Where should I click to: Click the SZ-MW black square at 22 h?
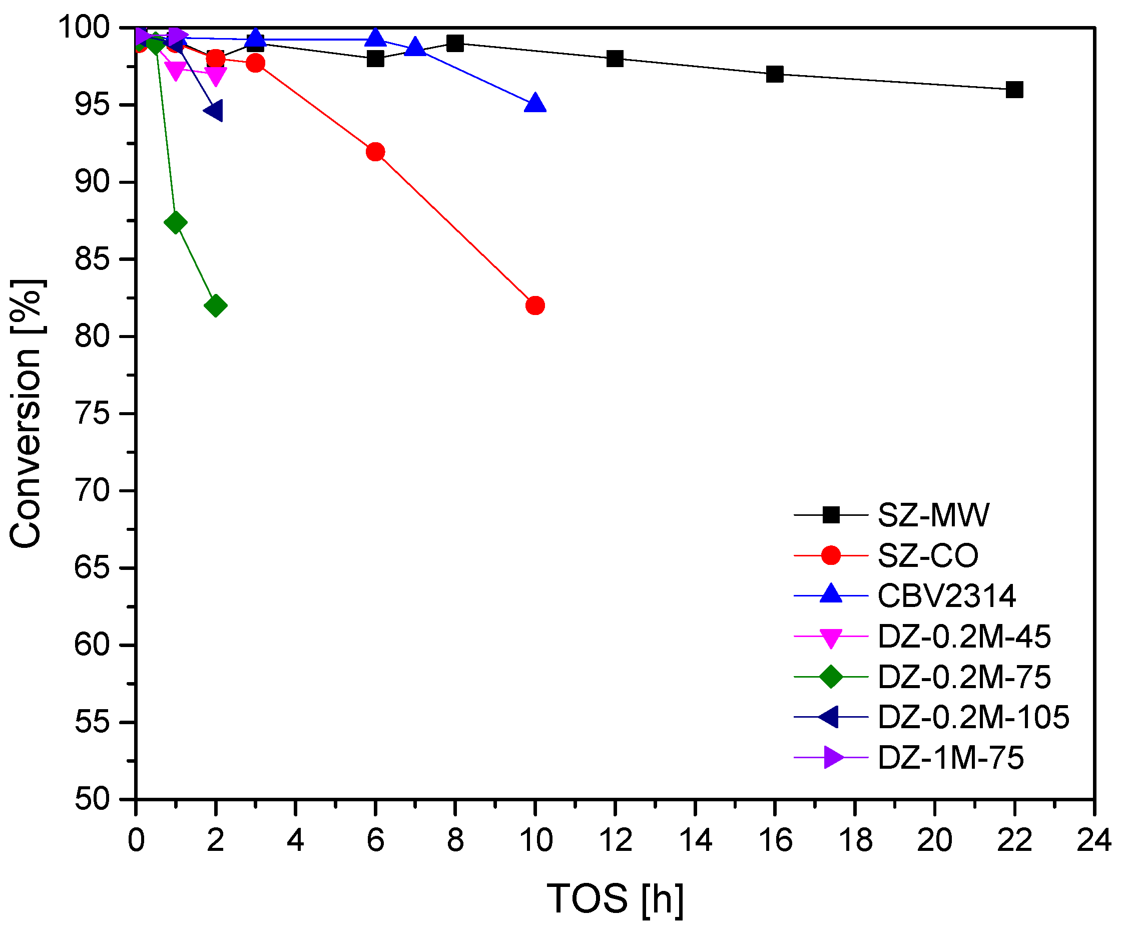point(1014,89)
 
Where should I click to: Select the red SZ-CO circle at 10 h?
point(535,306)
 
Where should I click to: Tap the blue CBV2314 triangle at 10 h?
point(535,104)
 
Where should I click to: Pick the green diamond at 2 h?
point(215,306)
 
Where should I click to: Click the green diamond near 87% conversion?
point(176,222)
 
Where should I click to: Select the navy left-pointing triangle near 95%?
point(214,111)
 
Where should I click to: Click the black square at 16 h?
point(775,74)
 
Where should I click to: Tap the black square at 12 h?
point(615,58)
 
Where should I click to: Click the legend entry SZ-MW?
point(933,515)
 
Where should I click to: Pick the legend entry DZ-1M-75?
point(950,758)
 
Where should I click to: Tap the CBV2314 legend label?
point(946,596)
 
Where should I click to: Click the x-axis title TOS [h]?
point(615,899)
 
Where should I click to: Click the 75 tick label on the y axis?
point(92,414)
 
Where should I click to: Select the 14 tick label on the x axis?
point(695,840)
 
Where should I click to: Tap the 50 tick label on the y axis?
point(92,800)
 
